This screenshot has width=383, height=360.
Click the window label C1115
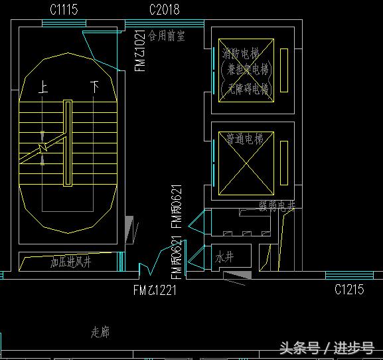pyautogui.click(x=64, y=9)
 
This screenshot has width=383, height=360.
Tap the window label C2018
pyautogui.click(x=164, y=9)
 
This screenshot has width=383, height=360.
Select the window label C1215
pyautogui.click(x=348, y=290)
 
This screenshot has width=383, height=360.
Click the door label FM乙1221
pyautogui.click(x=155, y=290)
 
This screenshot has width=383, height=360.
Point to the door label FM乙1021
pyautogui.click(x=140, y=50)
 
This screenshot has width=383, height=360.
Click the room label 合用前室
pyautogui.click(x=167, y=35)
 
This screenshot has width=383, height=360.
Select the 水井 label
pyautogui.click(x=224, y=257)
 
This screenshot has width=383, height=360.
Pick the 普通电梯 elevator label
pyautogui.click(x=244, y=139)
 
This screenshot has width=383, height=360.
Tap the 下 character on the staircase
pyautogui.click(x=95, y=87)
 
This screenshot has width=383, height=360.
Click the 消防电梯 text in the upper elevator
pyautogui.click(x=240, y=52)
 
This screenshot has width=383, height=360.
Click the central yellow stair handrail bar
pyautogui.click(x=67, y=143)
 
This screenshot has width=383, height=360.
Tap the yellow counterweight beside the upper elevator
pyautogui.click(x=284, y=70)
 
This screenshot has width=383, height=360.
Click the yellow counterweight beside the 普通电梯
pyautogui.click(x=284, y=163)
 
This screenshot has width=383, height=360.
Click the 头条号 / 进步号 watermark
pyautogui.click(x=326, y=348)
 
